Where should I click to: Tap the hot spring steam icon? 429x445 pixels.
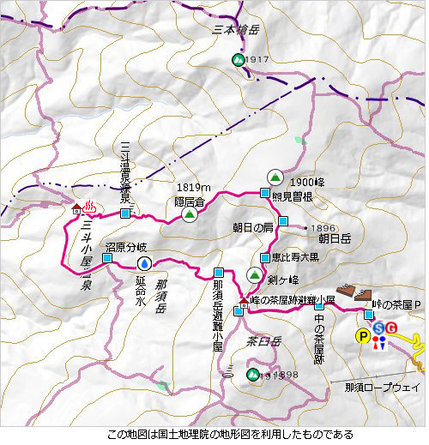(x=90, y=207)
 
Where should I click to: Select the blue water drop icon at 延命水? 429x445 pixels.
(x=145, y=262)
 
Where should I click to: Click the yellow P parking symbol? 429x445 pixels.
(x=364, y=336)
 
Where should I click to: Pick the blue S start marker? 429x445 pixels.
(x=378, y=328)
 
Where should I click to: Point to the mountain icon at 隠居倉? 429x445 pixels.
(x=190, y=215)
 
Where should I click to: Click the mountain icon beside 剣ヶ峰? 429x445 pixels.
(x=254, y=274)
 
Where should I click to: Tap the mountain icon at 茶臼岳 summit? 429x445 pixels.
(x=251, y=374)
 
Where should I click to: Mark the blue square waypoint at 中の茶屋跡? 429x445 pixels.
(x=319, y=305)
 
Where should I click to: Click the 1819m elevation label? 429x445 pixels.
(x=193, y=187)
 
